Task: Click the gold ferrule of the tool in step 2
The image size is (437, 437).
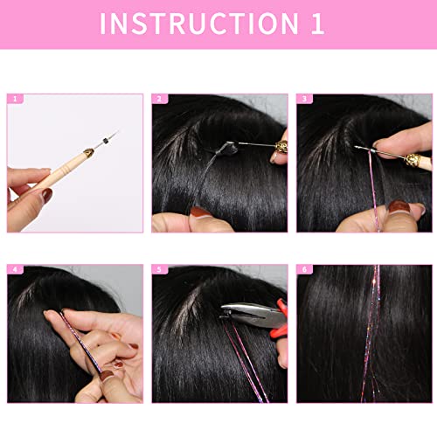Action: point(282,143)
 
